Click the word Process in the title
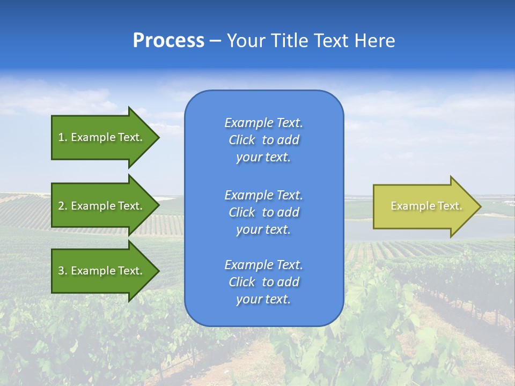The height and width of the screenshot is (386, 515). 168,41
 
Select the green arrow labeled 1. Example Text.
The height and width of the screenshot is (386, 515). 102,137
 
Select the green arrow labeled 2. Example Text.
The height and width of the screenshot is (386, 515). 102,206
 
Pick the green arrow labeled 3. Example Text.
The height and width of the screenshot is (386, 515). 102,271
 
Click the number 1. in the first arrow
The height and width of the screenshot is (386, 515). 63,137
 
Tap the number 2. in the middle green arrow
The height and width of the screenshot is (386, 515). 63,206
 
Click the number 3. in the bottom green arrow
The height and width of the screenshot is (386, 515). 63,271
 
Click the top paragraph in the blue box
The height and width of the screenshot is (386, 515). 263,140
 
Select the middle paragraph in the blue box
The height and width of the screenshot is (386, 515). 263,212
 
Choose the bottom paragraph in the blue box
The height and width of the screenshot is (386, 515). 263,282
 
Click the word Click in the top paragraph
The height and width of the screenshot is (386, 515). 242,140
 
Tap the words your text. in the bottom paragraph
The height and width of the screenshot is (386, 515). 263,300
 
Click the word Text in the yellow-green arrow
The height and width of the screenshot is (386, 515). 448,206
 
